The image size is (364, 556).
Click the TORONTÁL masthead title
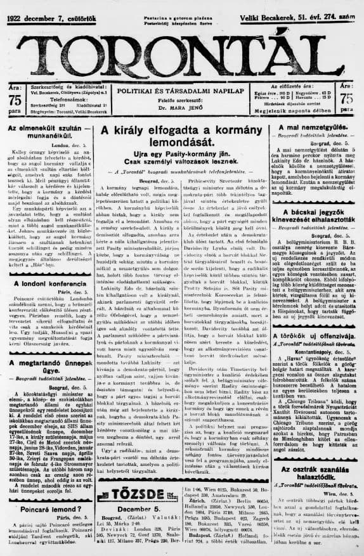coord(181,45)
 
